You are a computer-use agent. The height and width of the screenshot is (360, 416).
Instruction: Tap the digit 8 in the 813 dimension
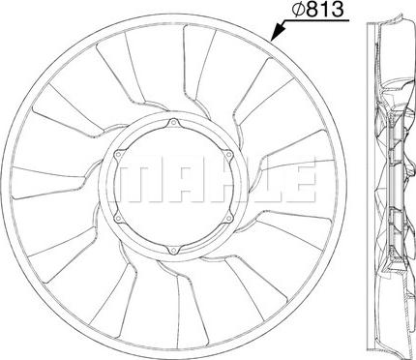(311, 13)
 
